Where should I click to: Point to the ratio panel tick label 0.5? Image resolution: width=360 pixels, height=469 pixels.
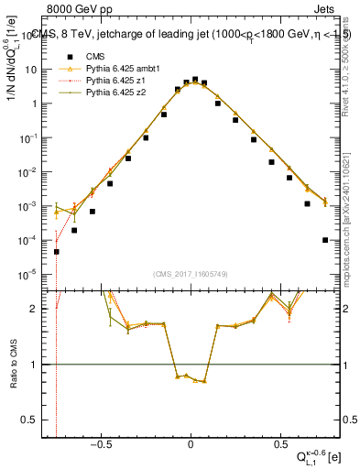(x=38, y=420)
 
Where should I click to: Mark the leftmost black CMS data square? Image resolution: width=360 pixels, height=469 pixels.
(x=56, y=251)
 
